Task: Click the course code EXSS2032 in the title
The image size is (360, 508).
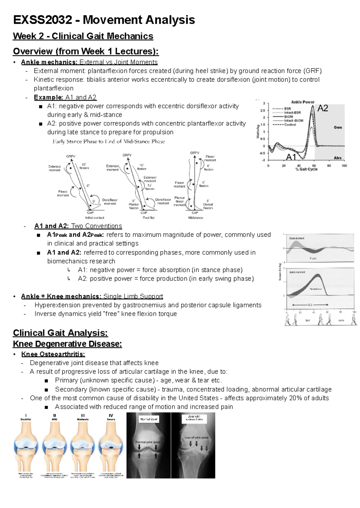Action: coord(42,20)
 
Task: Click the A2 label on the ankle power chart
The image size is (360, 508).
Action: coord(322,109)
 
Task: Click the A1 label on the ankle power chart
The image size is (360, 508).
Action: coord(291,157)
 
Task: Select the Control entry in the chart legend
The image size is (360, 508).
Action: coord(290,125)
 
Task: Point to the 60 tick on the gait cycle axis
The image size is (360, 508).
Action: coord(314,166)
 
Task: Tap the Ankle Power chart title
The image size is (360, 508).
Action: coord(303,102)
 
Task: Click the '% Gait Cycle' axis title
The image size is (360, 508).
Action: coord(306,169)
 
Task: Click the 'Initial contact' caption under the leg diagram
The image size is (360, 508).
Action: coord(95,218)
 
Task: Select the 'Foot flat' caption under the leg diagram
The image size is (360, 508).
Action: coord(148,218)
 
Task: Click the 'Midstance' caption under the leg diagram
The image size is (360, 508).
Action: coord(196,218)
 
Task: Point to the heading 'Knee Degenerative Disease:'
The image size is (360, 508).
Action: coord(67,344)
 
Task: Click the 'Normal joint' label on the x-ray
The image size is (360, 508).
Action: coord(149,420)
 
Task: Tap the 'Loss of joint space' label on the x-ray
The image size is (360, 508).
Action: coord(196,438)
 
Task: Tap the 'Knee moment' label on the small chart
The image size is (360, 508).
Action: coord(297,238)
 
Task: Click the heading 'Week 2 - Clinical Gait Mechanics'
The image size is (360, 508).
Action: coord(83,36)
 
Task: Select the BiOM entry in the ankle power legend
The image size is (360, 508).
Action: coord(289,117)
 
